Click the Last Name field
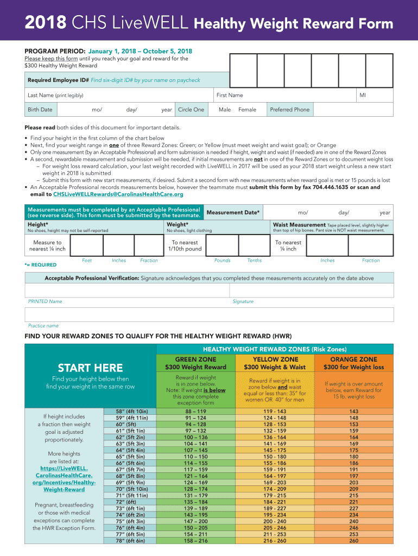119,96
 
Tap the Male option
225,110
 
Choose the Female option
247,110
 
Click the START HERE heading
91,368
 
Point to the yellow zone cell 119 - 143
275,412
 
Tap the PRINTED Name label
45,301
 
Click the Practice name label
43,326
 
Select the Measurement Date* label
233,212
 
